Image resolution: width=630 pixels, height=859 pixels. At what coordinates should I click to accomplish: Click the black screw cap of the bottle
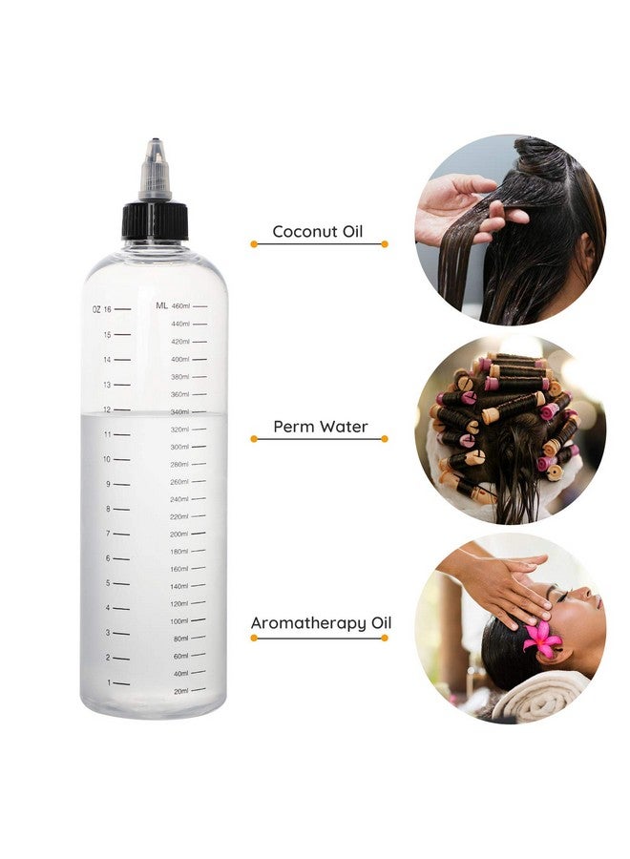point(155,220)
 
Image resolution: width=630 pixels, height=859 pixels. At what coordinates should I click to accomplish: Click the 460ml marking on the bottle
point(180,306)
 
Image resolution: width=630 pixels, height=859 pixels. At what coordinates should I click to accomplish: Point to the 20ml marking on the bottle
point(180,691)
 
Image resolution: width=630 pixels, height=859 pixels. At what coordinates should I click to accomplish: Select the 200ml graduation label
point(179,534)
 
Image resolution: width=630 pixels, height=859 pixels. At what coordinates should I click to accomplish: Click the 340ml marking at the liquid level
point(179,411)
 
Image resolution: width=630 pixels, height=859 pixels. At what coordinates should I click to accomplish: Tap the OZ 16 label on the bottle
point(102,309)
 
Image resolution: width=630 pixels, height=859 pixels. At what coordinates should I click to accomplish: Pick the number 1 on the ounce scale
point(109,682)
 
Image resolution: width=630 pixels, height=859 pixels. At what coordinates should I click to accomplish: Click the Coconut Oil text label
point(318,231)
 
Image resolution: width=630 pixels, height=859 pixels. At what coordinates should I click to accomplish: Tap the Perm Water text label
point(320,426)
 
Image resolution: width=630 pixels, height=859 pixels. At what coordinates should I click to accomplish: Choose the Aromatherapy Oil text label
point(321,623)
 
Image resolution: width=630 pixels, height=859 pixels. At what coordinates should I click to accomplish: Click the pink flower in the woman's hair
point(542,639)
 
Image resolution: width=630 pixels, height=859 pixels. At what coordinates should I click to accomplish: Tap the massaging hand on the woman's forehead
point(501,583)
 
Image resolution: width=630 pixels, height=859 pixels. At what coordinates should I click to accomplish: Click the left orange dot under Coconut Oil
point(254,244)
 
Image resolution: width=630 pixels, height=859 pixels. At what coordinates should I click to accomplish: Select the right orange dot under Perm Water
point(385,439)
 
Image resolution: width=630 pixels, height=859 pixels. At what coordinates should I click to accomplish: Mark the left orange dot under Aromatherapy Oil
point(254,638)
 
